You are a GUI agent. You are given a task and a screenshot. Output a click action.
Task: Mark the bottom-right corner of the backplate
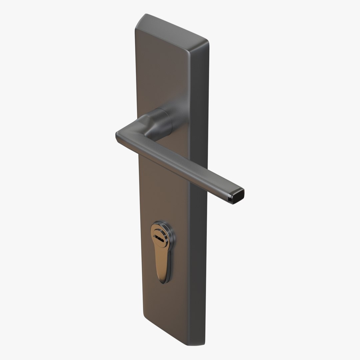pos(202,343)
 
